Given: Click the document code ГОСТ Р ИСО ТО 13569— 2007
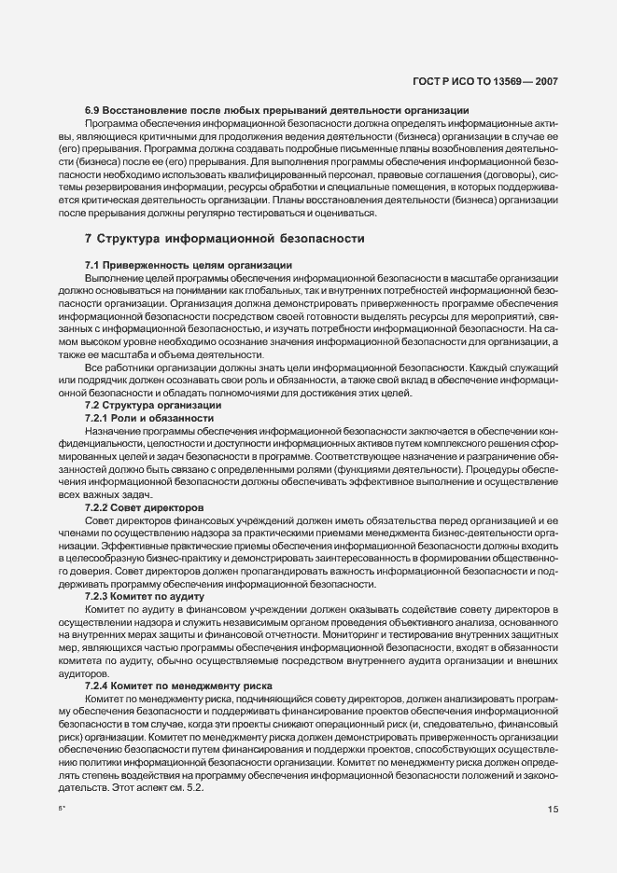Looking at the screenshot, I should point(485,81).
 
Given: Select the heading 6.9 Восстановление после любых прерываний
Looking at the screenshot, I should point(276,112).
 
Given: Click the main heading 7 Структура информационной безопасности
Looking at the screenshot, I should point(224,238).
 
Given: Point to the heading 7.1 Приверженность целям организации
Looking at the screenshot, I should point(189,266).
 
